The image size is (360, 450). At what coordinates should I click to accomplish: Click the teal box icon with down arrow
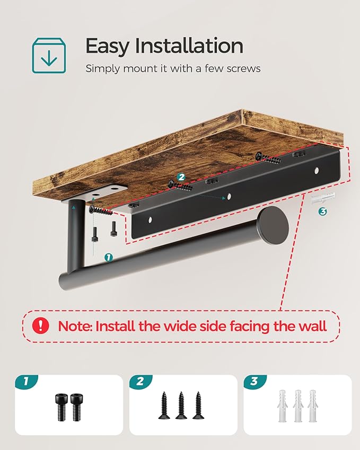(49, 56)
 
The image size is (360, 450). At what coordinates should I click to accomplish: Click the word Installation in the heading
(189, 46)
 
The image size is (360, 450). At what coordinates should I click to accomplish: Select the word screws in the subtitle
(243, 69)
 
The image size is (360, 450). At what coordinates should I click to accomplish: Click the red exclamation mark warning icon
(40, 325)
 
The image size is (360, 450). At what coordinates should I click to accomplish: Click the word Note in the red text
(75, 326)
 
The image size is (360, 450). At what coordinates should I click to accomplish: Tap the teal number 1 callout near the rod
(108, 258)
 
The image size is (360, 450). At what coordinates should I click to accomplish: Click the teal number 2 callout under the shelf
(181, 177)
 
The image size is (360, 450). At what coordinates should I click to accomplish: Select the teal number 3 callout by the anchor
(323, 211)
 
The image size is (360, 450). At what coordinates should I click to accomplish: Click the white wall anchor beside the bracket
(323, 198)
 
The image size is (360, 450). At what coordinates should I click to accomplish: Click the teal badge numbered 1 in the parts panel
(27, 382)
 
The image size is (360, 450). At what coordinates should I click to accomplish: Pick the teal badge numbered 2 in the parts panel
(141, 382)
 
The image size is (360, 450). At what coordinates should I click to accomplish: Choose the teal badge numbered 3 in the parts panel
(255, 382)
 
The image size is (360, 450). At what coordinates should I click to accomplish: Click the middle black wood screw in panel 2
(181, 405)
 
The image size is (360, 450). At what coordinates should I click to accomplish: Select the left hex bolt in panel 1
(62, 407)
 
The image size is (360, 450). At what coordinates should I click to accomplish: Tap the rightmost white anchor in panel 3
(312, 406)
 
